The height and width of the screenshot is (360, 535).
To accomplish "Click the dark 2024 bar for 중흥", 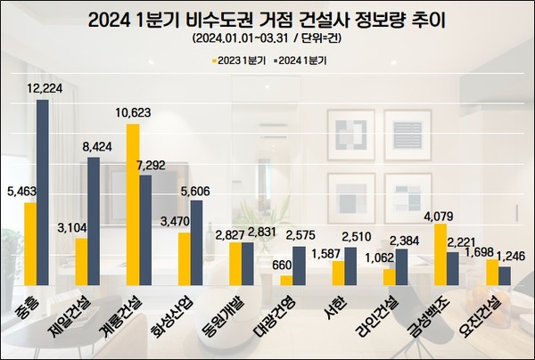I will pyautogui.click(x=43, y=192).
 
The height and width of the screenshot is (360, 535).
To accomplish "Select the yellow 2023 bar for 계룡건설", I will pyautogui.click(x=133, y=204).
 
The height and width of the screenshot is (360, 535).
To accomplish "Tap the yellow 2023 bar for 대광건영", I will pyautogui.click(x=286, y=280).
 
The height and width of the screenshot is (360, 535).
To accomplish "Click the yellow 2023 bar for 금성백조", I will pyautogui.click(x=440, y=254).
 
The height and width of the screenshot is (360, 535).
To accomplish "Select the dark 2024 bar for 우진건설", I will pyautogui.click(x=504, y=275).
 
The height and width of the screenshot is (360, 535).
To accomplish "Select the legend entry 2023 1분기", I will pyautogui.click(x=238, y=61).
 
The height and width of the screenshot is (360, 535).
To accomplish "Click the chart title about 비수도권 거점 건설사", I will pyautogui.click(x=267, y=20).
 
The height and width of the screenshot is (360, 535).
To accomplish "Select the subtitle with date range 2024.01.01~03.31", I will pyautogui.click(x=267, y=40).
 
